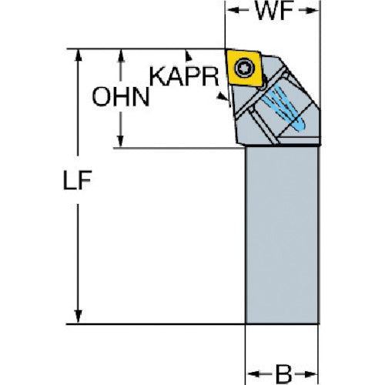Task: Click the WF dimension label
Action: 274,12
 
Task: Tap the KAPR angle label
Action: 184,76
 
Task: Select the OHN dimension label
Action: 121,97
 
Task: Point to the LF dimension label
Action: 77,179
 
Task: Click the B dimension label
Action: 283,373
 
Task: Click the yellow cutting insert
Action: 245,68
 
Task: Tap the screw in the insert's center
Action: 245,68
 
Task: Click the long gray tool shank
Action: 282,235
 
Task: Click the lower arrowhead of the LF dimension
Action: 78,316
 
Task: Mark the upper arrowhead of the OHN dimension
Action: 121,55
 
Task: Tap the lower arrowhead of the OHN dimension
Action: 120,142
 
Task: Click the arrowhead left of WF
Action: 232,10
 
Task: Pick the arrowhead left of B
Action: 252,373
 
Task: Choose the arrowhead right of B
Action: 312,373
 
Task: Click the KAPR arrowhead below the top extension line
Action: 189,56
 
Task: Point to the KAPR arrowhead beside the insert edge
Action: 223,96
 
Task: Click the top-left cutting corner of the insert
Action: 226,49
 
